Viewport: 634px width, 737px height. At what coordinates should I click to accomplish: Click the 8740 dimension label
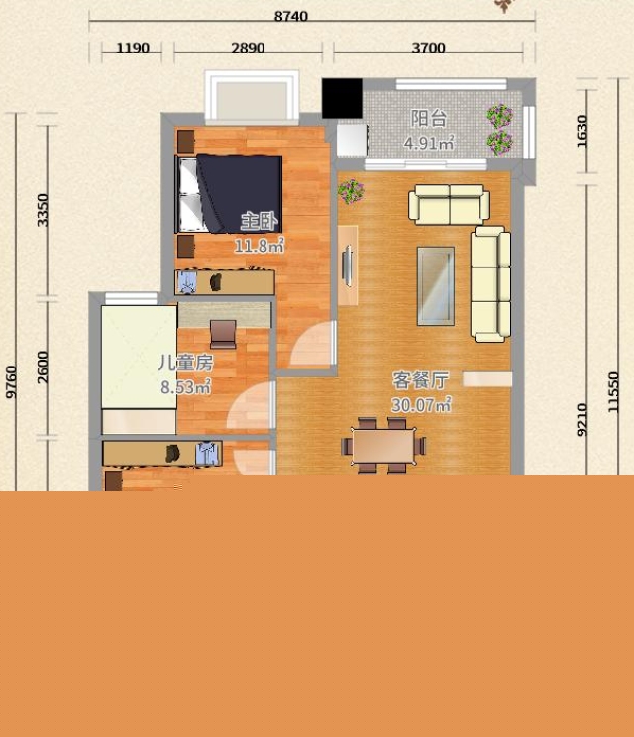pos(291,16)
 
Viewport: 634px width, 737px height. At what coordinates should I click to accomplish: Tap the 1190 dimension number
pos(133,48)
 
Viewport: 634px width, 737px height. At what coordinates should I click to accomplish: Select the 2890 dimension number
pos(248,48)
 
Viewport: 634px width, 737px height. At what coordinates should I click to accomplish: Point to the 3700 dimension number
pos(428,48)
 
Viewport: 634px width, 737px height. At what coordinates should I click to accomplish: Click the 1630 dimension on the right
pos(581,131)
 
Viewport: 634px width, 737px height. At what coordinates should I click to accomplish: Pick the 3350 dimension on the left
pos(43,210)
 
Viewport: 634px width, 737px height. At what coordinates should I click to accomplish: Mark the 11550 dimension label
pos(613,392)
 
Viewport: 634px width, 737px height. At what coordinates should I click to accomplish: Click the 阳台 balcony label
pos(428,119)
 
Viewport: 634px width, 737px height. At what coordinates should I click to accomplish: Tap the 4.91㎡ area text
pos(429,143)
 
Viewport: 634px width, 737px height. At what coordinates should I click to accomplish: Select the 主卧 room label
pos(259,221)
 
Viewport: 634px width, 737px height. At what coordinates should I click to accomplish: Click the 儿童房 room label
pos(185,363)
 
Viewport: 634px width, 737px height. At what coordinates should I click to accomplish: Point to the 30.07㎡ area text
pos(421,405)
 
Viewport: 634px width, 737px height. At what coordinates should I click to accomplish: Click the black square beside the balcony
pos(342,98)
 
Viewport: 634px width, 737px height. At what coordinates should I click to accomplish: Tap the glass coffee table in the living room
pos(436,285)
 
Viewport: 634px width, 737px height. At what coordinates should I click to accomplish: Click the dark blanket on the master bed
pos(240,193)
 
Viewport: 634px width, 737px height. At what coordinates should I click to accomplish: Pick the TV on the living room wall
pos(349,265)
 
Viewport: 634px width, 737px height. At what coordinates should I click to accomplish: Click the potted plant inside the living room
pos(351,191)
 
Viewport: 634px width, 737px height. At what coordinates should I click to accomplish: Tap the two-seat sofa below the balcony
pos(449,204)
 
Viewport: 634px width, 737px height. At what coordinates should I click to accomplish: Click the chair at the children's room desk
pos(223,334)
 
